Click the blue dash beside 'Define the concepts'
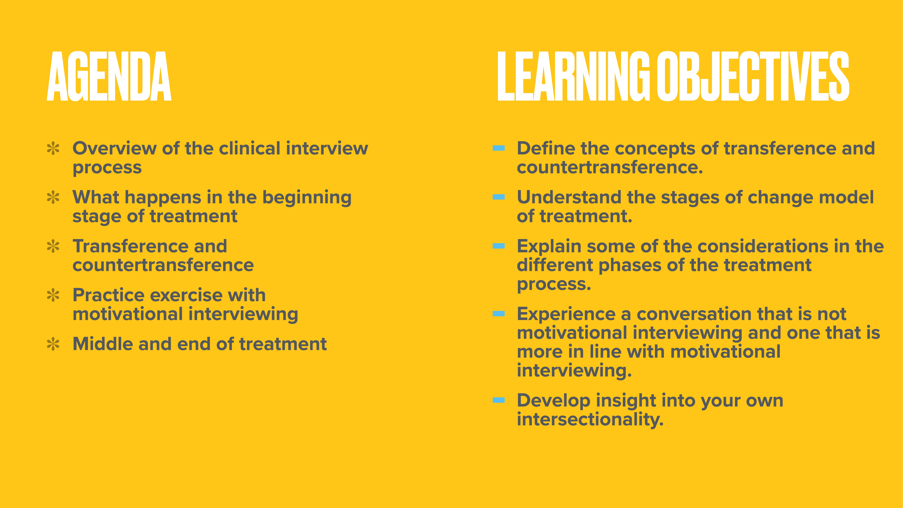499,148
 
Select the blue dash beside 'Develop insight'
499,400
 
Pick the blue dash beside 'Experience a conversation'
499,314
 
